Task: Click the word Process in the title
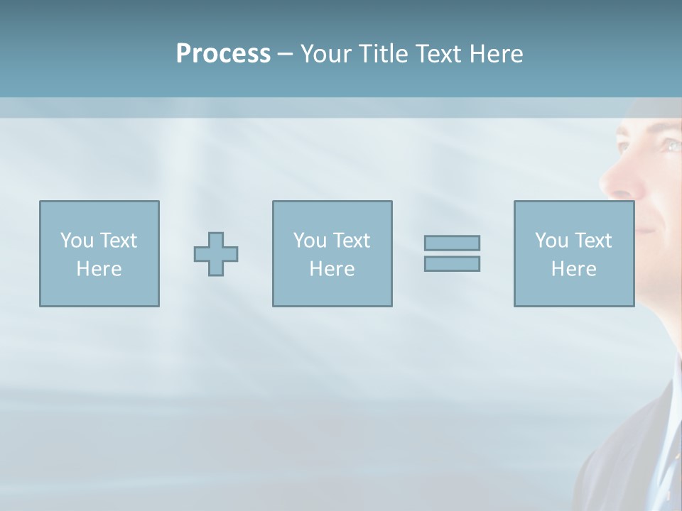click(x=223, y=54)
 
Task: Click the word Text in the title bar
click(x=438, y=54)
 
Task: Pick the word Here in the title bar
click(x=496, y=54)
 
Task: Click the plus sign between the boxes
click(x=216, y=254)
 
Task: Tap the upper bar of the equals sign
click(x=452, y=243)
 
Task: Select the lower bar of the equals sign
click(x=452, y=263)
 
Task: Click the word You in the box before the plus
click(x=77, y=241)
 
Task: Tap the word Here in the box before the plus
click(x=99, y=269)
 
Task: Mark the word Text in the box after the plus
click(x=351, y=241)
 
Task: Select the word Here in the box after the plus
click(x=332, y=269)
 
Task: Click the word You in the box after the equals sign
click(x=551, y=241)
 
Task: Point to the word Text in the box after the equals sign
click(x=592, y=241)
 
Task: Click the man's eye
click(x=671, y=145)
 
